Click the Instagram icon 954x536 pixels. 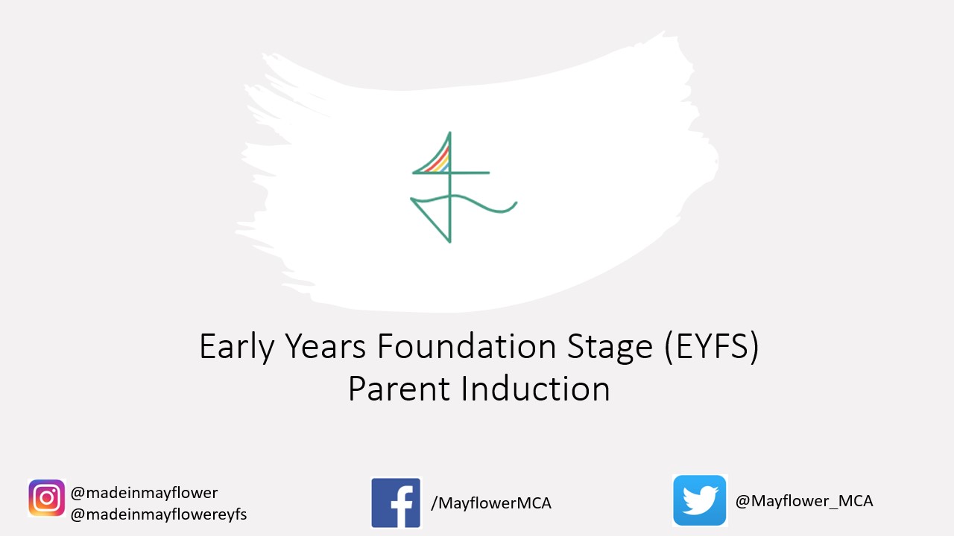click(x=46, y=498)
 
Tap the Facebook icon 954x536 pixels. click(x=396, y=502)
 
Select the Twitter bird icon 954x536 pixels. click(x=700, y=501)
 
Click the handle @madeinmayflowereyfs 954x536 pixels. click(x=159, y=514)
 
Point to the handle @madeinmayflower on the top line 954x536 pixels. click(x=144, y=493)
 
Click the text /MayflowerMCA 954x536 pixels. click(x=491, y=503)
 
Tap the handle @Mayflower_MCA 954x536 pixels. click(x=804, y=501)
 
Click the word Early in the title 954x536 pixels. click(x=237, y=347)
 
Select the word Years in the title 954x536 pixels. click(x=325, y=346)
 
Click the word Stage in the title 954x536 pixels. click(x=610, y=348)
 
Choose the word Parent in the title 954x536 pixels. click(x=399, y=389)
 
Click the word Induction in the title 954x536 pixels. click(x=536, y=388)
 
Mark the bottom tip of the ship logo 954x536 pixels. click(x=449, y=243)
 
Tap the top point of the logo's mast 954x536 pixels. click(x=449, y=133)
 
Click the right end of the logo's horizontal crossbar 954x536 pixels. click(x=489, y=173)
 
